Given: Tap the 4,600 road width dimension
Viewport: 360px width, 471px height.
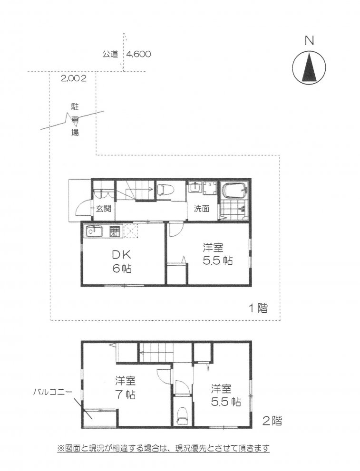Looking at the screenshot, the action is [138, 54].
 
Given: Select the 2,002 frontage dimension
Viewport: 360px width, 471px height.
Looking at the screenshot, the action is [74, 79].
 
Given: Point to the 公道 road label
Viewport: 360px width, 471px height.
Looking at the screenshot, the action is [110, 54].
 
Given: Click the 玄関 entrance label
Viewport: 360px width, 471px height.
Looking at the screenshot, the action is [104, 209].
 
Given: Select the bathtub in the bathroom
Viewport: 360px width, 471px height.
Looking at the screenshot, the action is [235, 190].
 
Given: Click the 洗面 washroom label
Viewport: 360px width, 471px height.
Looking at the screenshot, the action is [201, 209].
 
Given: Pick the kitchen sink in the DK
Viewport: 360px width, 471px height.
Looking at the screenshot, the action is [94, 231].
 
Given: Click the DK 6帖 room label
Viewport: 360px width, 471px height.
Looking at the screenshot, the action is [122, 261].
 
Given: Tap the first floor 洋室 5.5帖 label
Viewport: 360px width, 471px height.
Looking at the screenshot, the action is [217, 254].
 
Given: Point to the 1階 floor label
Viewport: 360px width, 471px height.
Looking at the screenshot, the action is [258, 308].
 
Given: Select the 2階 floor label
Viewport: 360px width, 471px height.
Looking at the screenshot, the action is [272, 421].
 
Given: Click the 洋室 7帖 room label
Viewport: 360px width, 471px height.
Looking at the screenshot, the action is [125, 387].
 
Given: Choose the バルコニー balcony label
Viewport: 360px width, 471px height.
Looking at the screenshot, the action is [53, 392].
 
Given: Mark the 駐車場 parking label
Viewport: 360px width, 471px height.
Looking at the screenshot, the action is [75, 120].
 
